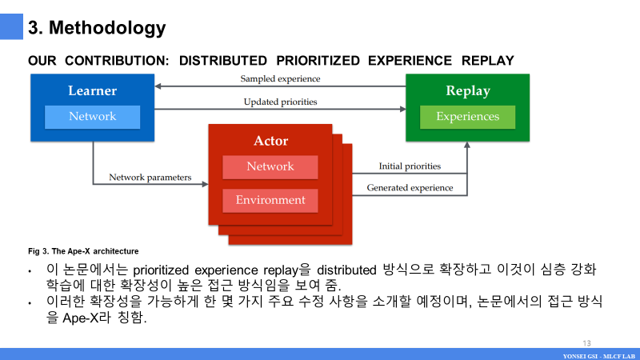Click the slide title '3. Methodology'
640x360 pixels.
(x=97, y=28)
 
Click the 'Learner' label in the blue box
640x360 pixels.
(x=92, y=90)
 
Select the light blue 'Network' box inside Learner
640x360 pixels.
(x=92, y=117)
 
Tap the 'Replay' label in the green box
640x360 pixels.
(x=467, y=90)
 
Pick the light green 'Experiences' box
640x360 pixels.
(x=467, y=117)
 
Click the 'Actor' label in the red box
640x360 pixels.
(x=270, y=141)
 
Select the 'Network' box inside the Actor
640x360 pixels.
(x=270, y=166)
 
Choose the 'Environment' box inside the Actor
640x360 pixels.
(x=270, y=200)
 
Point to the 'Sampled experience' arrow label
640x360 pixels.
(x=280, y=79)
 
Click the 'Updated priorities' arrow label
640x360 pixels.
(x=280, y=102)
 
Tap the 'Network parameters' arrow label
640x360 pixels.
(x=150, y=177)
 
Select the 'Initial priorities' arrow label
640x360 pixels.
(x=410, y=166)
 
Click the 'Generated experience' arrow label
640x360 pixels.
(x=410, y=188)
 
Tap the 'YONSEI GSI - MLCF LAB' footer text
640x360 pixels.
(x=598, y=354)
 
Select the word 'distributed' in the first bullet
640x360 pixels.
(x=358, y=270)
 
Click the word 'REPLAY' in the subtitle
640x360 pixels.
(x=488, y=61)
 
